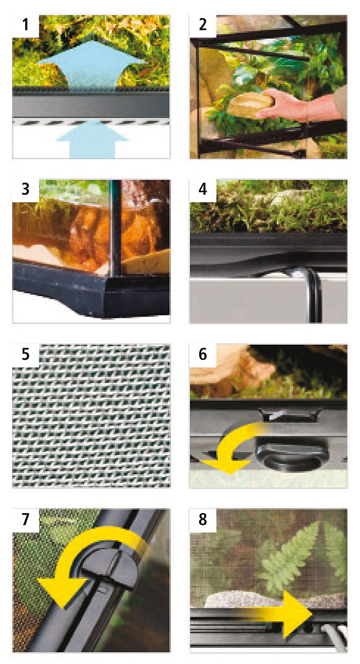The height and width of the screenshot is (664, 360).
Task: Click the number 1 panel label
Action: [25, 25]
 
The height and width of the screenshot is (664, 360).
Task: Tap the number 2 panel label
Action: [203, 25]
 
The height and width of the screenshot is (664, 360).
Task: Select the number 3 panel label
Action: [25, 190]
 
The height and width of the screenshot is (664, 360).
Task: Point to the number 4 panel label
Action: [203, 190]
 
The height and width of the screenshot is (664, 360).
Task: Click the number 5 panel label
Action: [25, 354]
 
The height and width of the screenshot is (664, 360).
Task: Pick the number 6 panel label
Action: [203, 354]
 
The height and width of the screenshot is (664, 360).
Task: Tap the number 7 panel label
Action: [25, 520]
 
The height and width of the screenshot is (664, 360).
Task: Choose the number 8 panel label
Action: [203, 520]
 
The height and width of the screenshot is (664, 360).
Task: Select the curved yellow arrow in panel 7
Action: [86, 560]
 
